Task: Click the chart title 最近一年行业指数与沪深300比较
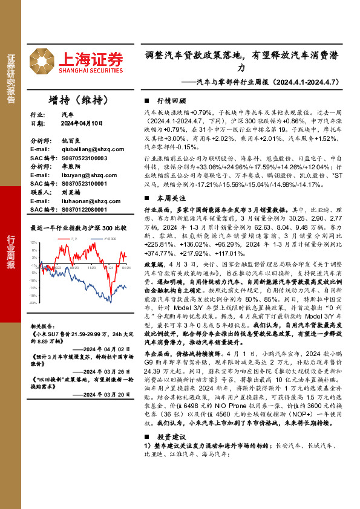pos(79,228)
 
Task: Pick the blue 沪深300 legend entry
pos(108,239)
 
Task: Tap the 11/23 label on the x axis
pos(93,267)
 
